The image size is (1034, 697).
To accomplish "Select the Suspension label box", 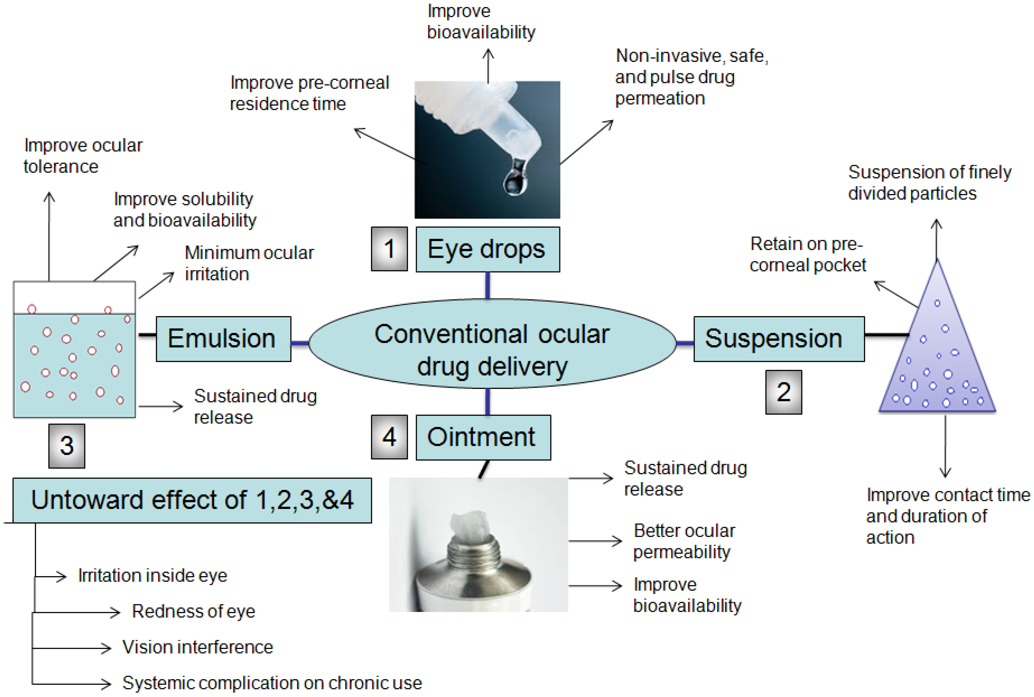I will pyautogui.click(x=778, y=339).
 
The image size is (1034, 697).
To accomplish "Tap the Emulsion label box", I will pyautogui.click(x=223, y=339).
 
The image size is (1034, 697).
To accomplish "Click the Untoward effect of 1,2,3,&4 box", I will pyautogui.click(x=192, y=500).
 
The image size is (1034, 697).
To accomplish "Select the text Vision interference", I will pyautogui.click(x=197, y=647).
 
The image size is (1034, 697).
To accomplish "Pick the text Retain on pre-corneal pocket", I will pyautogui.click(x=807, y=254).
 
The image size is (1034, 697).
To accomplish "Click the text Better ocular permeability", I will pyautogui.click(x=684, y=541).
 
